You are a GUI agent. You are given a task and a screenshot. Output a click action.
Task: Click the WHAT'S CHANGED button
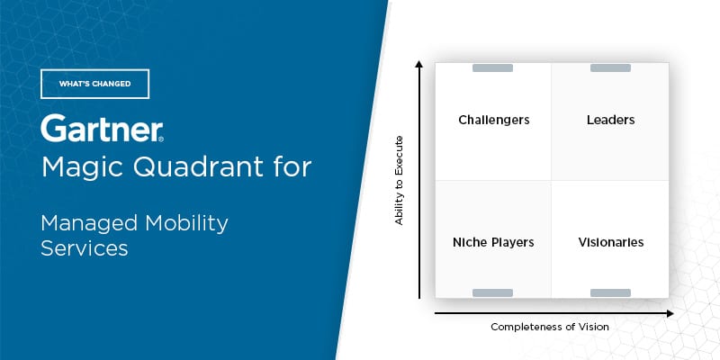95,84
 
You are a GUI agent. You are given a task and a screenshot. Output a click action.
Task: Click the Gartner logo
102,128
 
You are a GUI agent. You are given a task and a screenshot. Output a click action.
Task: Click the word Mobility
187,224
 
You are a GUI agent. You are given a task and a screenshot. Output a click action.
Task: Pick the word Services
85,248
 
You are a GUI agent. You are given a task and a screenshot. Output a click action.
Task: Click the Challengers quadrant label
493,121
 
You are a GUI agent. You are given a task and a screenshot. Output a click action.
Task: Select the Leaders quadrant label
611,121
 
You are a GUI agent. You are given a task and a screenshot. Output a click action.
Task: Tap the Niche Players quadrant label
493,242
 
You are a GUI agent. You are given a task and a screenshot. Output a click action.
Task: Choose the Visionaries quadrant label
611,242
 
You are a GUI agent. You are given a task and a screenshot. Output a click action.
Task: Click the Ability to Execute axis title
399,181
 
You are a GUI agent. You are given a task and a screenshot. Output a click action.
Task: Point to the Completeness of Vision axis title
550,327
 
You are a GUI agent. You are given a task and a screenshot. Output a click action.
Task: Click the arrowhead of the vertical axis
418,63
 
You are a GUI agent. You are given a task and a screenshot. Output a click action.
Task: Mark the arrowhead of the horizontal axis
670,313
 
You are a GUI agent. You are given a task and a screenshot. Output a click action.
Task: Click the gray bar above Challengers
492,68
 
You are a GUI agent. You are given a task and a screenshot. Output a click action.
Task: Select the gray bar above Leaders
610,68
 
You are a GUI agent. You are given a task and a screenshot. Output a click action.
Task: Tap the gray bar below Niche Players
492,293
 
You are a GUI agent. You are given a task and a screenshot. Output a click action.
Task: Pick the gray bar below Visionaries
610,293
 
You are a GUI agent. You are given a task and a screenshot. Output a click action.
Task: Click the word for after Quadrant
295,167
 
